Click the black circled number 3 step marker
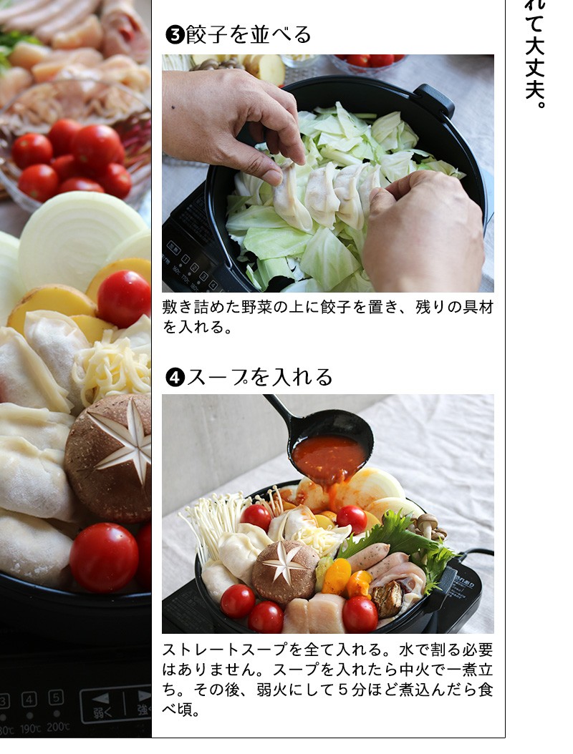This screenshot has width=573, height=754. point(175,34)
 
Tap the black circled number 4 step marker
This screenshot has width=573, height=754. point(175,376)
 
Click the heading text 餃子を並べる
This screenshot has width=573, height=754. point(249,34)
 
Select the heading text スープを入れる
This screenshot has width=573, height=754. point(259,376)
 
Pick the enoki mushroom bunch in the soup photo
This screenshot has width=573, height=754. point(211,522)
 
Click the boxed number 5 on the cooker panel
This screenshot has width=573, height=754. point(56,697)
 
